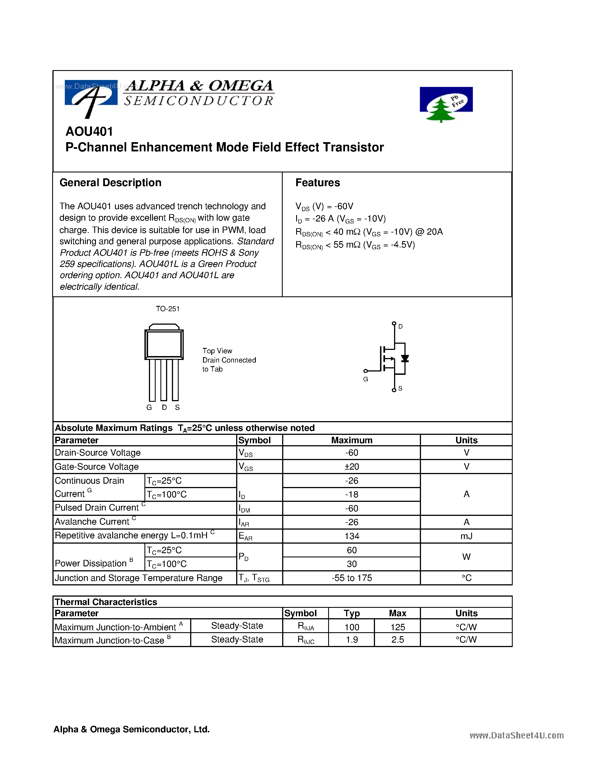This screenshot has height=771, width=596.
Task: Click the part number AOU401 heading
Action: (89, 132)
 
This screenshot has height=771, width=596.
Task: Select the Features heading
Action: (317, 183)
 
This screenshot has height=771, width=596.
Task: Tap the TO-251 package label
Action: (168, 309)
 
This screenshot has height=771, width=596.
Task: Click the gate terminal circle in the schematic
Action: (365, 371)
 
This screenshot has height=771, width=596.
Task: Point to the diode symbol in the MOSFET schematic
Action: (405, 359)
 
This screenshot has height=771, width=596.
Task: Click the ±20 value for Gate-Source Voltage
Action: (352, 467)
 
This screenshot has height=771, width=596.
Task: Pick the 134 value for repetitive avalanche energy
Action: (352, 536)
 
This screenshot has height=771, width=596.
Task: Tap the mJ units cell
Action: (466, 536)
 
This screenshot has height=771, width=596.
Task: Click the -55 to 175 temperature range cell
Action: (352, 578)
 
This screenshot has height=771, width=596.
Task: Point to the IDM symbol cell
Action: (244, 509)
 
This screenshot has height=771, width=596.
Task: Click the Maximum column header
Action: (352, 440)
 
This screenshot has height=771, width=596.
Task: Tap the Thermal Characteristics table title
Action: (106, 602)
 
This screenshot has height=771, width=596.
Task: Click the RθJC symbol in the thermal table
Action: (306, 640)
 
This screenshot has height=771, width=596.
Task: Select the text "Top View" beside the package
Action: (217, 351)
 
